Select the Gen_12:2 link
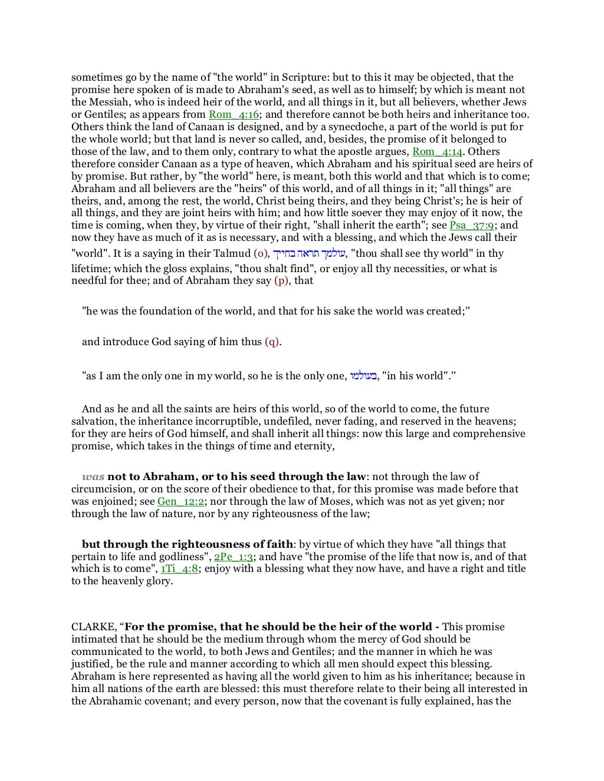180,501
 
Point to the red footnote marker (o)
261,254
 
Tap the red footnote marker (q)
272,342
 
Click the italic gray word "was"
93,476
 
